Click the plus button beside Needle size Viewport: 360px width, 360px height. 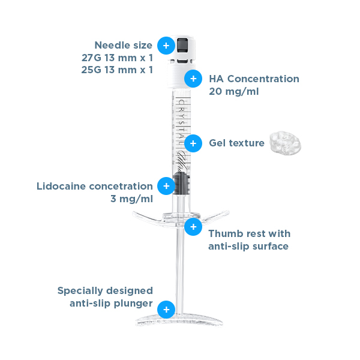pyautogui.click(x=166, y=46)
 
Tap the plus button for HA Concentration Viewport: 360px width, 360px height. pyautogui.click(x=193, y=79)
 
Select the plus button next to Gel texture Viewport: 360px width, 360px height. pyautogui.click(x=193, y=143)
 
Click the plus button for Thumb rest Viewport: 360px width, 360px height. pyautogui.click(x=193, y=227)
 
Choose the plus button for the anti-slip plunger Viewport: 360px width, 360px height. pyautogui.click(x=166, y=310)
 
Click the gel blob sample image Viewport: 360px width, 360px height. pyautogui.click(x=285, y=143)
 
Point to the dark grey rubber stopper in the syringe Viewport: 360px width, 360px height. pyautogui.click(x=182, y=183)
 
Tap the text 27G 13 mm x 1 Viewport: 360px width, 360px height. pyautogui.click(x=117, y=58)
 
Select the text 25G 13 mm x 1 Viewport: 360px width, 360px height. pyautogui.click(x=117, y=70)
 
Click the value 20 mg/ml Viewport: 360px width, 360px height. pyautogui.click(x=234, y=91)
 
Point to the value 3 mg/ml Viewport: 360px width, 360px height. pyautogui.click(x=131, y=199)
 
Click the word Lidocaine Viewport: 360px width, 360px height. pyautogui.click(x=61, y=186)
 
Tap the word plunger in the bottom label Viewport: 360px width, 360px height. pyautogui.click(x=133, y=304)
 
